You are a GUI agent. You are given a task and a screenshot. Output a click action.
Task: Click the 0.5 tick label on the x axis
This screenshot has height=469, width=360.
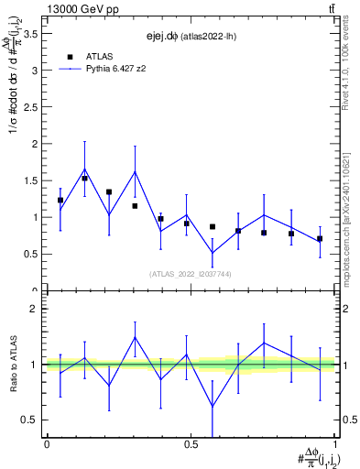pyautogui.click(x=190, y=444)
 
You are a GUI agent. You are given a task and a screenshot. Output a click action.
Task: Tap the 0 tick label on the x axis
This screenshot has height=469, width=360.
pyautogui.click(x=46, y=444)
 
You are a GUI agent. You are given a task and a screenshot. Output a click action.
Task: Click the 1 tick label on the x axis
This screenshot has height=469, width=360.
pyautogui.click(x=334, y=444)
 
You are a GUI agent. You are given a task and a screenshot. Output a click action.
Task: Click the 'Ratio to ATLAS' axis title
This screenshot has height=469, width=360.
pyautogui.click(x=12, y=365)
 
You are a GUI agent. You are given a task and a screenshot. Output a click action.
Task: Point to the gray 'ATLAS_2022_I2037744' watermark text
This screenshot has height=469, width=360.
pyautogui.click(x=191, y=273)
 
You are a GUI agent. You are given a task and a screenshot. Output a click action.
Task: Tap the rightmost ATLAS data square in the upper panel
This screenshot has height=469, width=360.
pyautogui.click(x=320, y=238)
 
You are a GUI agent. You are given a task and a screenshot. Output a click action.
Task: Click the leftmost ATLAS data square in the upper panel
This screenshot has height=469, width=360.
pyautogui.click(x=60, y=200)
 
